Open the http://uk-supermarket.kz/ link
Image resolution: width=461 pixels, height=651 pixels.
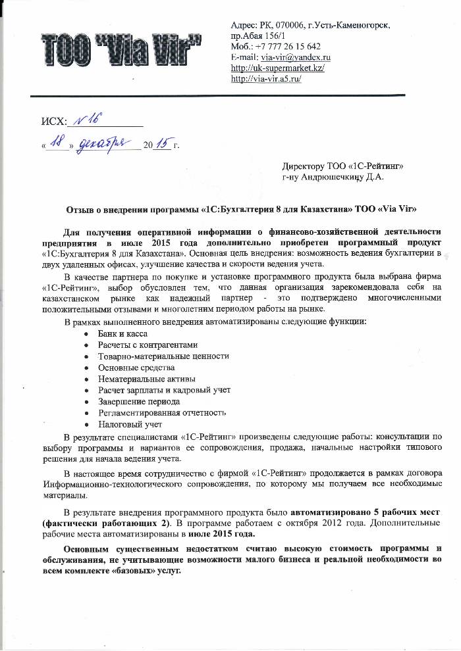coord(279,68)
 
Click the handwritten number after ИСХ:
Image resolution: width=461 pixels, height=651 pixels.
coord(87,118)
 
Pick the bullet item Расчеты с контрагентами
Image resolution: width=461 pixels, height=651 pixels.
coord(147,345)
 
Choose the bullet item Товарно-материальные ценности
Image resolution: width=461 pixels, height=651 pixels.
coord(163,356)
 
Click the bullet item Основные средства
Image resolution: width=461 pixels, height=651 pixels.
coord(136,367)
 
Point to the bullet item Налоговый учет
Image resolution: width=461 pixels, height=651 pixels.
coord(130,424)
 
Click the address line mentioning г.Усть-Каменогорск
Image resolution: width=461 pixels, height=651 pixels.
coord(311,25)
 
